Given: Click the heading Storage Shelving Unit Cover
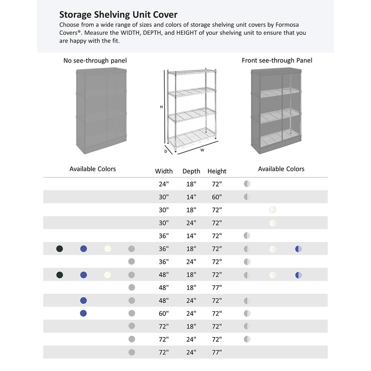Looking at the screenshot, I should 118,15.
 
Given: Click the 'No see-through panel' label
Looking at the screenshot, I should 95,60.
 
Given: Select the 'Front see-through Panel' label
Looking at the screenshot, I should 277,60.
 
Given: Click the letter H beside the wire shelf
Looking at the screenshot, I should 161,107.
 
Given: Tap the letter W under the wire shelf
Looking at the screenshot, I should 202,150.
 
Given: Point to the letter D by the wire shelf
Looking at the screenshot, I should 166,151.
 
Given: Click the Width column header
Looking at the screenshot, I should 164,171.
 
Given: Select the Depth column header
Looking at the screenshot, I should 191,171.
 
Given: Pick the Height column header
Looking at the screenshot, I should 217,171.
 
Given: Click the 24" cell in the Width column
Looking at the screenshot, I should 164,184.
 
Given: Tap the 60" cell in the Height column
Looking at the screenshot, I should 217,197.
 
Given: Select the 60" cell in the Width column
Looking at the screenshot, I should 164,313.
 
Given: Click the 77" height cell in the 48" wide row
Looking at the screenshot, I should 217,288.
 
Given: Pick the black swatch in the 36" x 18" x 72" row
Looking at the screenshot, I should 59,249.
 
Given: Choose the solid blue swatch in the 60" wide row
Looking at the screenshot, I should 83,313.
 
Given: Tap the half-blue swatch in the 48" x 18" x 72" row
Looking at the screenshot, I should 299,275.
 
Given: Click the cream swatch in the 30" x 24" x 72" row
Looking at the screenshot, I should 273,223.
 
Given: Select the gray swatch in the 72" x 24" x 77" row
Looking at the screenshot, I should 132,352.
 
